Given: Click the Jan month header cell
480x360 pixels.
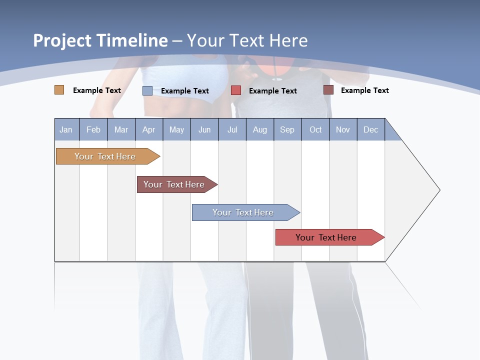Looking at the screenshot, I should pyautogui.click(x=66, y=129).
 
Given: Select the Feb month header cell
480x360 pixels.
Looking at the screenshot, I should pyautogui.click(x=93, y=129).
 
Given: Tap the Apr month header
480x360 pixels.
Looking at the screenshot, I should pyautogui.click(x=149, y=129).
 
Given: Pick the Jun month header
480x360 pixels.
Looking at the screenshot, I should pyautogui.click(x=204, y=129).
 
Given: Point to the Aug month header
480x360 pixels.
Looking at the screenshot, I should pyautogui.click(x=260, y=129).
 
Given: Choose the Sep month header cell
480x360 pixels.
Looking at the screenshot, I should pyautogui.click(x=287, y=129).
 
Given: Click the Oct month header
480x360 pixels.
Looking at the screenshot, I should pyautogui.click(x=315, y=129).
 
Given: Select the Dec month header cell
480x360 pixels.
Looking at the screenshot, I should pyautogui.click(x=371, y=129).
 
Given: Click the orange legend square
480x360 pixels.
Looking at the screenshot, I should pyautogui.click(x=59, y=90).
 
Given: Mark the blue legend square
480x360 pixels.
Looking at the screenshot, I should pyautogui.click(x=147, y=90).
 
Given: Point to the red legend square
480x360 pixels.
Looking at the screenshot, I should pyautogui.click(x=236, y=90).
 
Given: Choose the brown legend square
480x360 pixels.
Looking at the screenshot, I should pyautogui.click(x=328, y=90).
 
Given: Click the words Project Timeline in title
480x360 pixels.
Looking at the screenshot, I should pyautogui.click(x=100, y=40).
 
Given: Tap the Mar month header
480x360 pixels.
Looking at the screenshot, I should pyautogui.click(x=121, y=129).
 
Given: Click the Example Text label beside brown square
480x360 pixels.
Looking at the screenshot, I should pyautogui.click(x=364, y=90).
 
